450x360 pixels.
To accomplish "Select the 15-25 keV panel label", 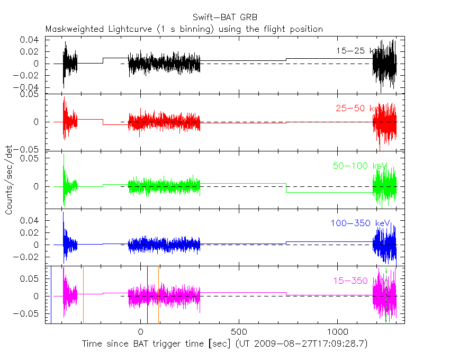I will pos(358,51).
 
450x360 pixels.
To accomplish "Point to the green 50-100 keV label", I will pos(357,166).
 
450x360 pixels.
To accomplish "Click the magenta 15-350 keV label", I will pos(358,281).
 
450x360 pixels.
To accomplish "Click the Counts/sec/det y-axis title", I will pos(9,180).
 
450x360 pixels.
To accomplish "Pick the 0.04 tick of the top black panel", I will pos(30,40).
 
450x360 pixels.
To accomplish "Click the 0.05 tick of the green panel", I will pos(30,158).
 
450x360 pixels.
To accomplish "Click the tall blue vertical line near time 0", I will pos(147,294).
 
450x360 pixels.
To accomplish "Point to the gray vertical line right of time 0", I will pos(158,294).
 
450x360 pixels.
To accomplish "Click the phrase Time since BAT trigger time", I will pos(142,344).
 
